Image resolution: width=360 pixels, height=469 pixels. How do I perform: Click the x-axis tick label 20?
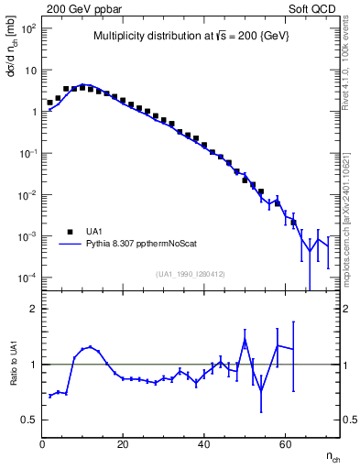click(x=123, y=444)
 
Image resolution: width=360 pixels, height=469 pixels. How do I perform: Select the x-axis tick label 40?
click(x=203, y=444)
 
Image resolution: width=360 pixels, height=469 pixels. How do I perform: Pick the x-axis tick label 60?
click(x=284, y=444)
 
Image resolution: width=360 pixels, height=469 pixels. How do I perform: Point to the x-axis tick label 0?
click(x=42, y=444)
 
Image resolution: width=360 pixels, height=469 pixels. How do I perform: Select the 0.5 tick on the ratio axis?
click(x=28, y=420)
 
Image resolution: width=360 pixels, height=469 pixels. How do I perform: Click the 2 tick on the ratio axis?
click(x=32, y=309)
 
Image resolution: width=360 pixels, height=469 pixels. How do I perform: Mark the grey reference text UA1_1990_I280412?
click(x=191, y=274)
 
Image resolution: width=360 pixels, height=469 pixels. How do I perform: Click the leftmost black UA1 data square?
click(x=49, y=103)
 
